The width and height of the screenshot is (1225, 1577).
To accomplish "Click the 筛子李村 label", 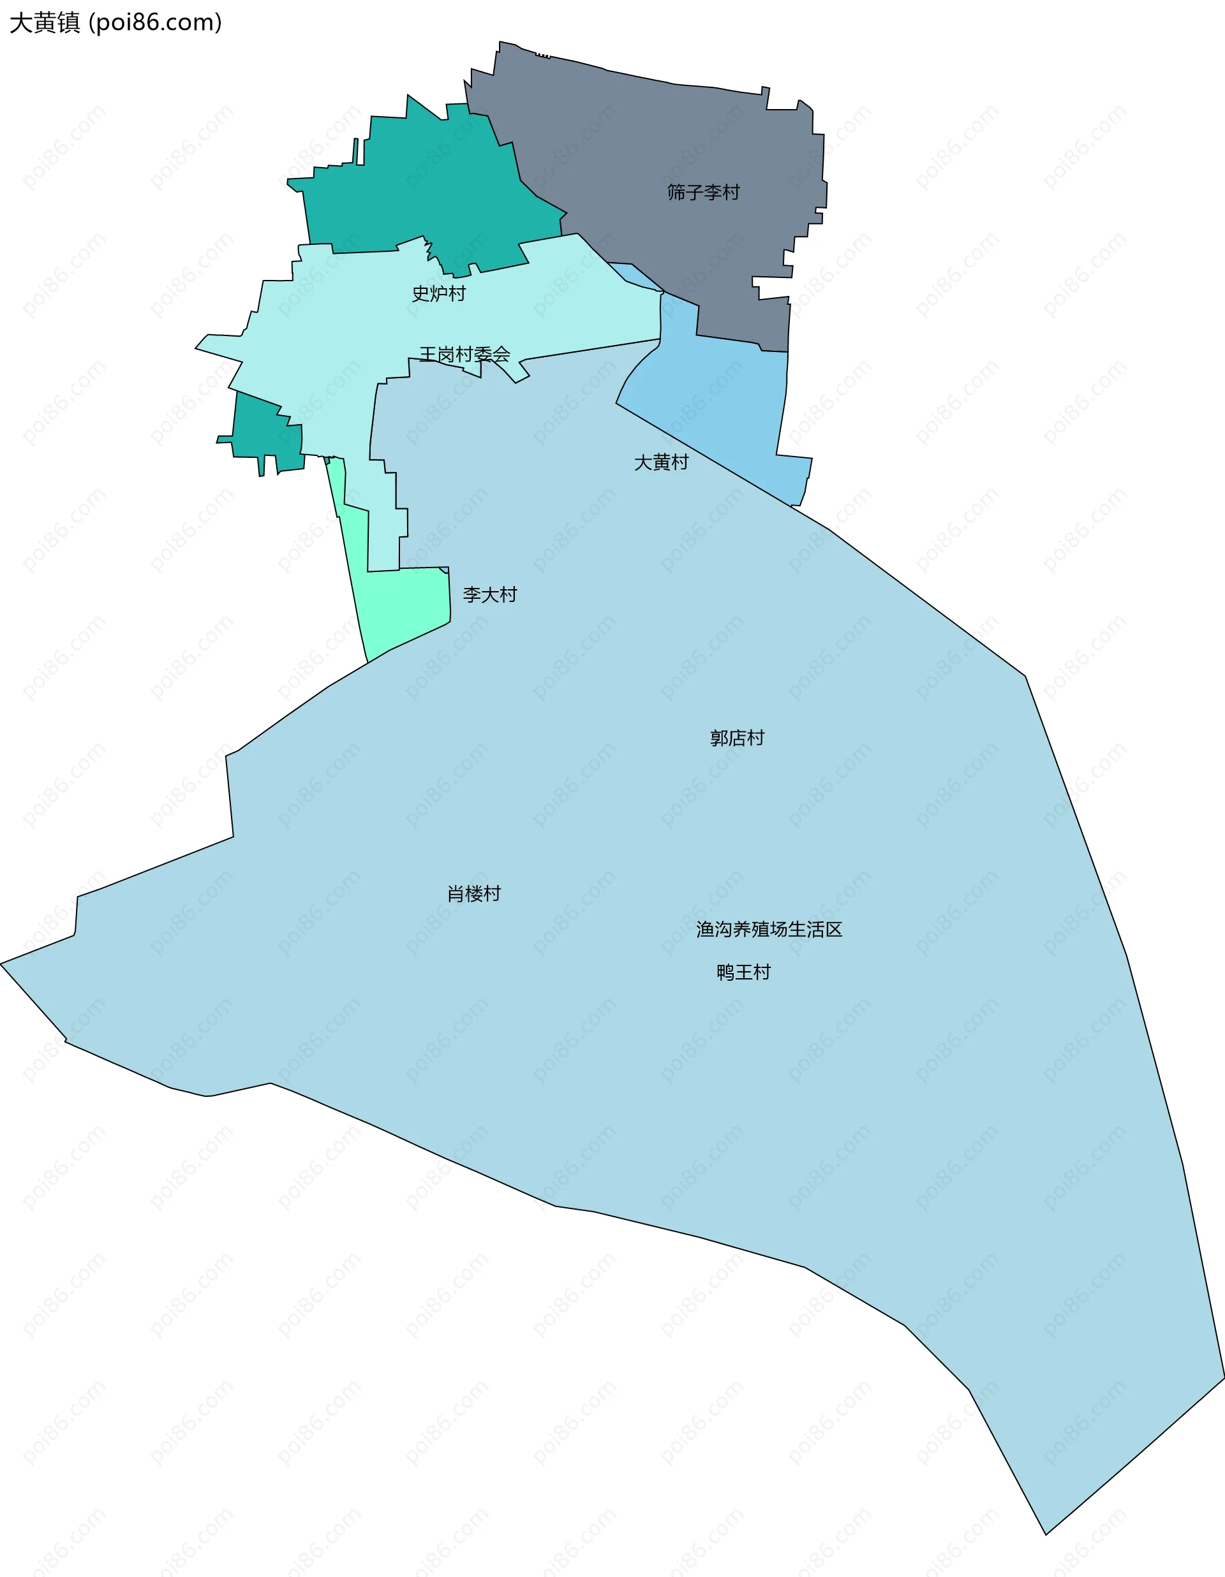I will tap(703, 192).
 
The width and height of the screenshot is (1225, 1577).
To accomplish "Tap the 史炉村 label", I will tap(438, 294).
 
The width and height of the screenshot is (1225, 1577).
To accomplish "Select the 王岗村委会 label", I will tap(464, 355).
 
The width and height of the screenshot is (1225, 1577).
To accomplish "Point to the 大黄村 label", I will tap(661, 462).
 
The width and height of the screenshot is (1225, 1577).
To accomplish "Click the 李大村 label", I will tap(490, 595).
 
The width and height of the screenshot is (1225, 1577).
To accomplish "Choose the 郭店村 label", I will tap(737, 738).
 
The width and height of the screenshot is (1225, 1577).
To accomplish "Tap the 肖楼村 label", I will tap(474, 894).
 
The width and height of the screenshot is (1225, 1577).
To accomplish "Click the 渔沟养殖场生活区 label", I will tap(769, 929).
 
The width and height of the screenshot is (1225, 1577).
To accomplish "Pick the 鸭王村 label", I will tap(743, 972).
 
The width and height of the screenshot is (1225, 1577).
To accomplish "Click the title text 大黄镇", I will tap(45, 22).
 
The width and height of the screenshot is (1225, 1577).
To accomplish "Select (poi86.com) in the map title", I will tap(154, 22).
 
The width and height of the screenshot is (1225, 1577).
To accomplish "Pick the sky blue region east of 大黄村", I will tap(729, 404).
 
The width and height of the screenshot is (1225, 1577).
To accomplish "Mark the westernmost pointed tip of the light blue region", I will tap(2, 964).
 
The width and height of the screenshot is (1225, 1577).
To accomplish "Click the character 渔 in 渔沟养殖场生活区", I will tap(705, 929).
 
